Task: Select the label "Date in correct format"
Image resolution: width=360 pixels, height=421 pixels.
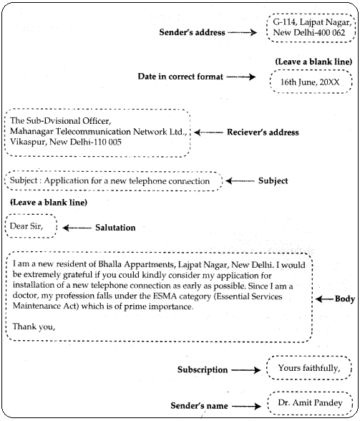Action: [185, 76]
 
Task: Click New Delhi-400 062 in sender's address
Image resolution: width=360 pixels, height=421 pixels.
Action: [309, 34]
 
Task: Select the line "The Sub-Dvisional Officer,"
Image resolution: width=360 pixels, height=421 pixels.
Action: [60, 121]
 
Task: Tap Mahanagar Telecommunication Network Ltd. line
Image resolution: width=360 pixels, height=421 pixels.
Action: [98, 132]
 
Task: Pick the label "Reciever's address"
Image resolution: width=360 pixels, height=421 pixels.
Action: [262, 132]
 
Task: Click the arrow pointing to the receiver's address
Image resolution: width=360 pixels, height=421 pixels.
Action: [209, 132]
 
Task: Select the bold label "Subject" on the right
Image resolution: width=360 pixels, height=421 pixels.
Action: [273, 181]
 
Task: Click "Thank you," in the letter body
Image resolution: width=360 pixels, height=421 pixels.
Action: [34, 327]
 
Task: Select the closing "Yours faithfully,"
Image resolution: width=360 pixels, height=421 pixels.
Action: [309, 368]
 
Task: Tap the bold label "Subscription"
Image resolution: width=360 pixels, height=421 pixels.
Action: [203, 370]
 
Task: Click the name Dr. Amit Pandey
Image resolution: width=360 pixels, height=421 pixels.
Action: [309, 404]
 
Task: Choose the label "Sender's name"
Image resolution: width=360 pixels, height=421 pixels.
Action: [198, 406]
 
